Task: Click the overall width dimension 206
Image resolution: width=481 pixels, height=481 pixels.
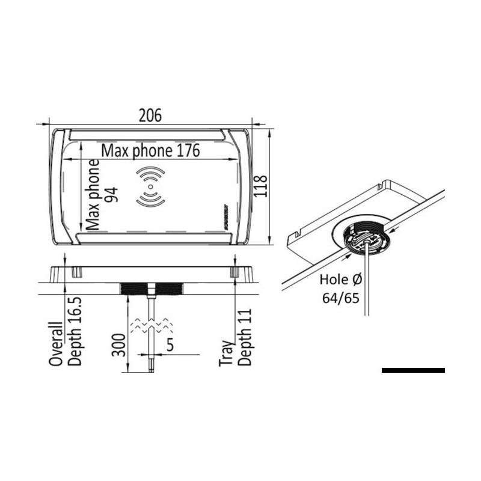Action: click(150, 115)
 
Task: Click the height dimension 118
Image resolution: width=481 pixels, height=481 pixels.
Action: click(260, 187)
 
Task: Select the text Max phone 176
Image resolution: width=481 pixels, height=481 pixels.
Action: click(150, 150)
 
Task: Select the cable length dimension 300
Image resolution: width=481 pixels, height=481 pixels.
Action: click(121, 343)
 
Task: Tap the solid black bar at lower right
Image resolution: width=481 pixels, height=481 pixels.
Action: click(413, 370)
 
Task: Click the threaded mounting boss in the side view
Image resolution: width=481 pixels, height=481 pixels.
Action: click(153, 289)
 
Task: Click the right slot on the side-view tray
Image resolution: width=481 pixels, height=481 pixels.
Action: click(234, 272)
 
